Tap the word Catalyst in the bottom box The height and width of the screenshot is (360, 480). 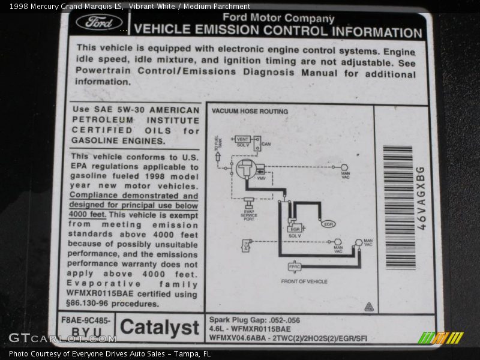pos(159,328)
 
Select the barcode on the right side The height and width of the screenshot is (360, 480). pos(399,207)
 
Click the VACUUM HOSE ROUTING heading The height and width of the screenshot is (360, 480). pos(250,111)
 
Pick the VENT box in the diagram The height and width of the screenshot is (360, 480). pos(242,139)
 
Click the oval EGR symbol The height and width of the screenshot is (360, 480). pos(328,224)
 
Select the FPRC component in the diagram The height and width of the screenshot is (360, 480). pos(294,266)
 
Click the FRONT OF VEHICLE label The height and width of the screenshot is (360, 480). pos(304,281)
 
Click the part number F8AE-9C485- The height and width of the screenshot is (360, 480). pos(86,320)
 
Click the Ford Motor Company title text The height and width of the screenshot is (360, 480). pos(278,18)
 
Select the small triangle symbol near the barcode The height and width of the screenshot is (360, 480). pos(369,307)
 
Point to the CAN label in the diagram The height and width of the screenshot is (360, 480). pos(266,144)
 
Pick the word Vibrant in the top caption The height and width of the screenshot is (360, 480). pos(160,7)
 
